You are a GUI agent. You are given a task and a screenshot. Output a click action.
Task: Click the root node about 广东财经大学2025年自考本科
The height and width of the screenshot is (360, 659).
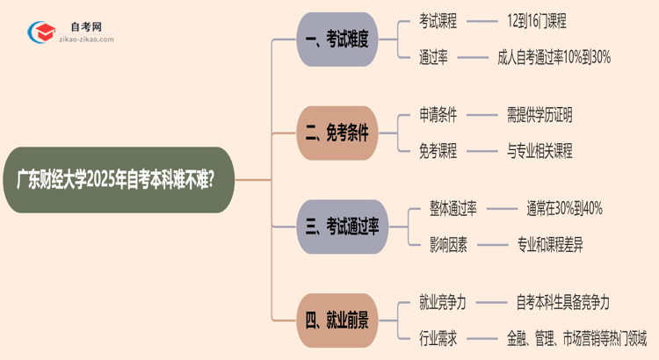click(x=119, y=179)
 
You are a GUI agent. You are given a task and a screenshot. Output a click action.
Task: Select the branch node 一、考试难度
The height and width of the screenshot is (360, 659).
click(x=337, y=40)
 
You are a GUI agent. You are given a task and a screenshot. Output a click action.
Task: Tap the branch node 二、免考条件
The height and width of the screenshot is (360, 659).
click(x=337, y=133)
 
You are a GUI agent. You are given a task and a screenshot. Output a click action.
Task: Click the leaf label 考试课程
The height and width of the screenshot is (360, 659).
click(x=438, y=21)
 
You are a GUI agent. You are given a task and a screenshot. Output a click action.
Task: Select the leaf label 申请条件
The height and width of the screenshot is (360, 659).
click(x=438, y=115)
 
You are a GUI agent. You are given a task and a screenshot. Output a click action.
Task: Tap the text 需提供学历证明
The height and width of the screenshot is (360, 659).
click(x=540, y=115)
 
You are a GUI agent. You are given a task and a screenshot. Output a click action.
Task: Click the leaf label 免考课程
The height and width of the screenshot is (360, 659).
click(x=438, y=151)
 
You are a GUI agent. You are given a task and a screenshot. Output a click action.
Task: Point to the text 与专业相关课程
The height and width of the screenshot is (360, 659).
click(x=540, y=151)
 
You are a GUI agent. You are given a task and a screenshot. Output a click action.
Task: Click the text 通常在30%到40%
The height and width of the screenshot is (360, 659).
click(x=564, y=209)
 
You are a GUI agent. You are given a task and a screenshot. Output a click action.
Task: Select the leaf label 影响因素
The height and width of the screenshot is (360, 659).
click(x=448, y=245)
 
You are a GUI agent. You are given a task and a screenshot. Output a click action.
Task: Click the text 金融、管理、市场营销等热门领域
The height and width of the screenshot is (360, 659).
click(x=576, y=338)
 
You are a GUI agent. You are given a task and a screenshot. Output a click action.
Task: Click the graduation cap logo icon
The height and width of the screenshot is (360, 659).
click(x=39, y=33)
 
